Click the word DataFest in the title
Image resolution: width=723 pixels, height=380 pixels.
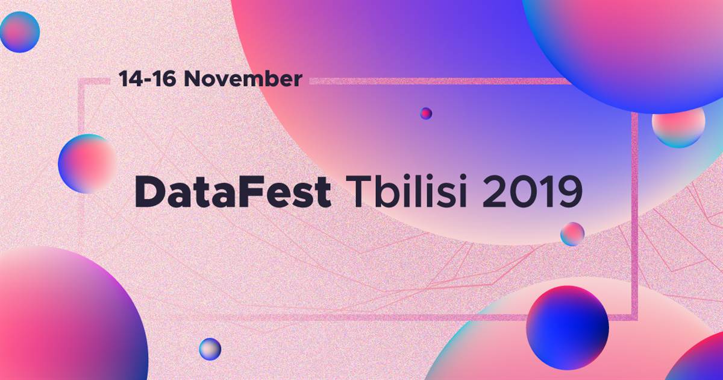pyautogui.click(x=233, y=192)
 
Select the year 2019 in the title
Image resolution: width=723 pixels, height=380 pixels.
pyautogui.click(x=533, y=192)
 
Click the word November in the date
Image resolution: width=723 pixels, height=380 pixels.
pyautogui.click(x=243, y=79)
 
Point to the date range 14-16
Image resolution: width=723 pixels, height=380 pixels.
pyautogui.click(x=147, y=79)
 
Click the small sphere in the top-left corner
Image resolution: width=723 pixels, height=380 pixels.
pyautogui.click(x=20, y=32)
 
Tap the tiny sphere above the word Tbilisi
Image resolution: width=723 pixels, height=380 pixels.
pyautogui.click(x=426, y=113)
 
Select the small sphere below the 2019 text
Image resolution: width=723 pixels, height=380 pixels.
pyautogui.click(x=572, y=234)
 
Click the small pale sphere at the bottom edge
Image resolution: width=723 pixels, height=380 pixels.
pyautogui.click(x=210, y=349)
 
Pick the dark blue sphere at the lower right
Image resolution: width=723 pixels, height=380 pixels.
pyautogui.click(x=568, y=328)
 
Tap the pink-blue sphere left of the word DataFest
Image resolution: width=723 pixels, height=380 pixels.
pyautogui.click(x=87, y=164)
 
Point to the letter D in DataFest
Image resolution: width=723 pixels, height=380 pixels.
pyautogui.click(x=151, y=192)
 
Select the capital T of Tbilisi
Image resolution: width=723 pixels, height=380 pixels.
pyautogui.click(x=360, y=192)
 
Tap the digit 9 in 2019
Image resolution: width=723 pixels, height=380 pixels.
pyautogui.click(x=571, y=192)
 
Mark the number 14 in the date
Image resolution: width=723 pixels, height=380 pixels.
pyautogui.click(x=131, y=79)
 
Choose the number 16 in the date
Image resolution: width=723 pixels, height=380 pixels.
pyautogui.click(x=163, y=79)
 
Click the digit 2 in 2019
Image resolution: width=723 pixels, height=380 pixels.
pyautogui.click(x=494, y=192)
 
